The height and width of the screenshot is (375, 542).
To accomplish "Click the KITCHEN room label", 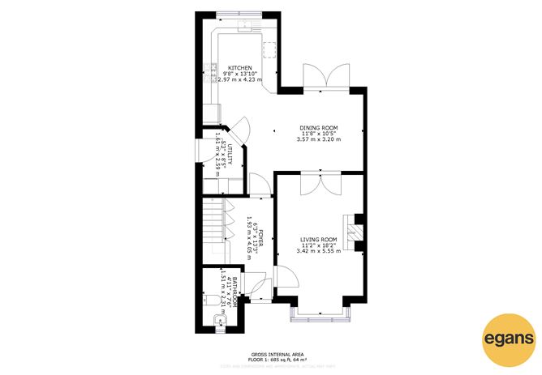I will (x=239, y=68).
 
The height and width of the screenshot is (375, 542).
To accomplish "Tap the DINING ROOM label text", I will (x=319, y=128).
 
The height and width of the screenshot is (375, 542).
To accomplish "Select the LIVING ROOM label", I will (x=319, y=240).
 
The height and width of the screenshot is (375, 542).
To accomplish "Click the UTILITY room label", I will (x=230, y=155).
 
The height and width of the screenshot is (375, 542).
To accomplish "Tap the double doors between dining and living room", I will (x=319, y=183).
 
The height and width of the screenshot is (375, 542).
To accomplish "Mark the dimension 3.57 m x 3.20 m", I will (x=319, y=140).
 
